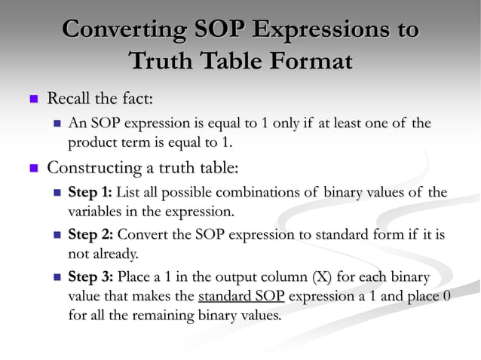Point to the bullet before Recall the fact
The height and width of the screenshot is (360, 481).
tap(32, 98)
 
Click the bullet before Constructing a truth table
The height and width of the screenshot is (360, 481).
tap(32, 166)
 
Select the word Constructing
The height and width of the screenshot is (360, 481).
tap(94, 166)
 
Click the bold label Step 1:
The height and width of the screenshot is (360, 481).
tap(90, 192)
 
